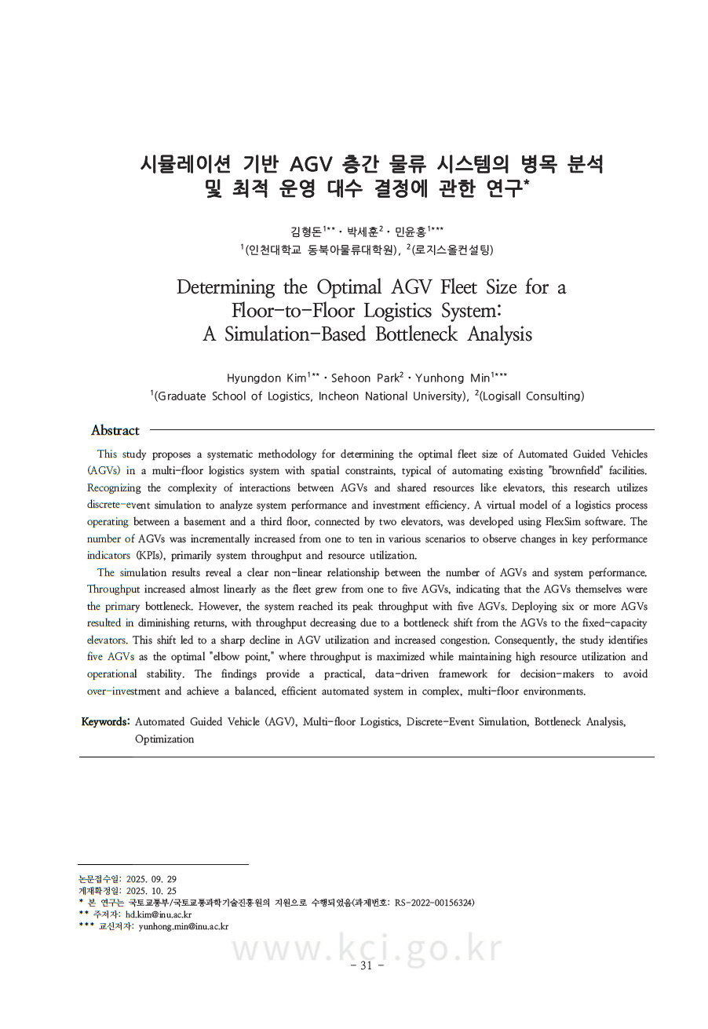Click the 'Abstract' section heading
pos(115,430)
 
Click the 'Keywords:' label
pos(105,721)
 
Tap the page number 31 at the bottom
pos(366,965)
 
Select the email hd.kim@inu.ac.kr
pos(159,914)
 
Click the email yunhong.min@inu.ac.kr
pos(183,926)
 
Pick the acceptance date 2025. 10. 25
pos(151,891)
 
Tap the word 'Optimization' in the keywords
pos(164,739)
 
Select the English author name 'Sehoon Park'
pos(365,378)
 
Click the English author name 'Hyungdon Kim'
pos(265,378)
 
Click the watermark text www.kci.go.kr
pos(366,947)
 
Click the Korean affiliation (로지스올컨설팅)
pos(453,250)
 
